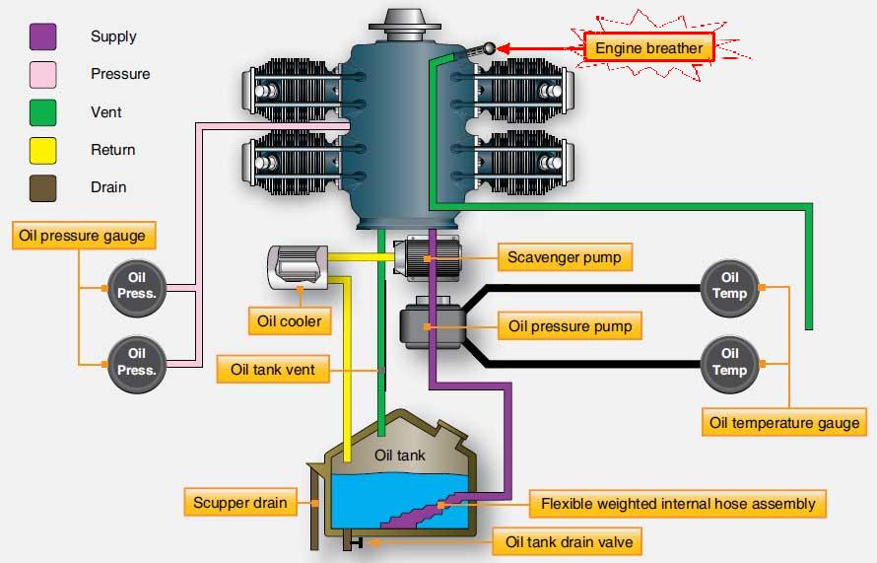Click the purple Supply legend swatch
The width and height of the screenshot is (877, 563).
(43, 37)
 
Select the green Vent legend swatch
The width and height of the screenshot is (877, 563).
(43, 112)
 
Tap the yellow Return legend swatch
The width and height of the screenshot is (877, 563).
(43, 150)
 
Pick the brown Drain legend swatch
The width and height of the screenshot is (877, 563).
(43, 187)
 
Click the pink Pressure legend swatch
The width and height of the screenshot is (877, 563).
(43, 75)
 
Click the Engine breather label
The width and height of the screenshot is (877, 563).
(648, 47)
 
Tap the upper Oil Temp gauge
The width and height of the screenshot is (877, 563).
(729, 286)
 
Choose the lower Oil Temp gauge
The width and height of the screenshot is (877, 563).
(729, 362)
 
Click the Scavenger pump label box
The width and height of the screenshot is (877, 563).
(564, 258)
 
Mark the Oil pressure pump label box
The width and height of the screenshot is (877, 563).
(569, 325)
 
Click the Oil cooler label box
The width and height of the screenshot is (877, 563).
(290, 321)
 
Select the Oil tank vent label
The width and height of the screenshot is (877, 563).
(272, 370)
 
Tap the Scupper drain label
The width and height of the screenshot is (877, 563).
(239, 503)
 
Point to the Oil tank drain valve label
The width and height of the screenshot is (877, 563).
(569, 541)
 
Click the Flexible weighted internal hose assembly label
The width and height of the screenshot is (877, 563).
(678, 504)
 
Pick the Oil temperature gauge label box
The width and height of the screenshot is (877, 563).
(784, 423)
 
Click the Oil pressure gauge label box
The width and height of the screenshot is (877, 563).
(82, 236)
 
